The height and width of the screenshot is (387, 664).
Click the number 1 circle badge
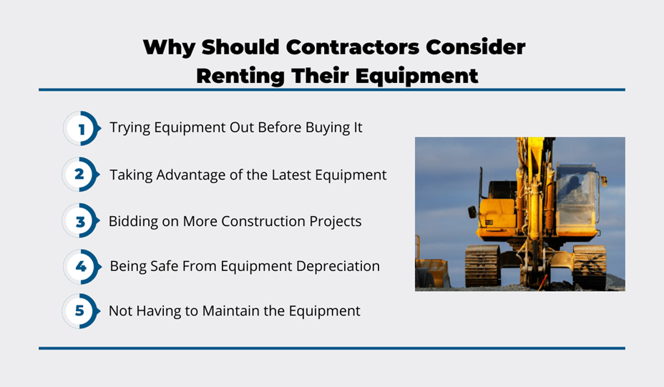point(82,128)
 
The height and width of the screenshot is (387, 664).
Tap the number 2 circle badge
point(80,175)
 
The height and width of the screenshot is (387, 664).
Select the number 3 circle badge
point(80,220)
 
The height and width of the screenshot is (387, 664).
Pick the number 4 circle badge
point(82,266)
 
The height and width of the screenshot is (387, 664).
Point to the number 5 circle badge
point(80,310)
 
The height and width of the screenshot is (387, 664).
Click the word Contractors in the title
point(353,47)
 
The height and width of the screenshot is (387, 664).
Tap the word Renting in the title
point(240,77)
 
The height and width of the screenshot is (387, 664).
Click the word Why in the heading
point(169,48)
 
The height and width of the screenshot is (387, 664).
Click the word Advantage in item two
point(190,175)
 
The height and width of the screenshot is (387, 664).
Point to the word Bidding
point(133,222)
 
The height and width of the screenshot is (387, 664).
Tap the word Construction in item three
point(263,222)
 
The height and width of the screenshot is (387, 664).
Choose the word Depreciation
point(338,266)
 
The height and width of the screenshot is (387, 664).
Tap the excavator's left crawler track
point(482,266)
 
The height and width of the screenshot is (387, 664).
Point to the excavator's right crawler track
point(589,267)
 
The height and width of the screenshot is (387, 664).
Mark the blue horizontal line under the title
point(332,89)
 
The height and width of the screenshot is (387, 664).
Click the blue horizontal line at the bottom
point(332,348)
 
